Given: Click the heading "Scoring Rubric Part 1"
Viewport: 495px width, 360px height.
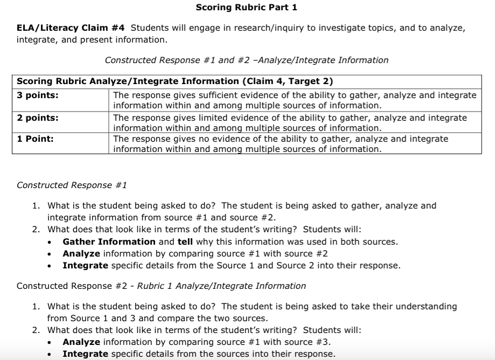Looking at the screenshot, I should [246, 8].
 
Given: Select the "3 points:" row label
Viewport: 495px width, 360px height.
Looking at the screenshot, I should [38, 95].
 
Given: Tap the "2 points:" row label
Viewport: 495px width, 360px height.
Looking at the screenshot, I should [38, 117].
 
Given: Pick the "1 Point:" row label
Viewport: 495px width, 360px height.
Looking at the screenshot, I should [36, 139].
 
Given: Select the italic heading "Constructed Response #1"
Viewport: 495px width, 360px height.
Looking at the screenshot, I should [72, 185].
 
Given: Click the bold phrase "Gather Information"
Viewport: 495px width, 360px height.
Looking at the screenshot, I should [109, 242].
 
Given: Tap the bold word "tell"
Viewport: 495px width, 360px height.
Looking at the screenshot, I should [185, 242].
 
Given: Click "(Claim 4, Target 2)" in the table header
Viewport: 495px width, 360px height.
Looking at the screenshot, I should [288, 81].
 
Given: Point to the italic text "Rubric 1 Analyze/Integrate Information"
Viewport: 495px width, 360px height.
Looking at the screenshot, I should [221, 286].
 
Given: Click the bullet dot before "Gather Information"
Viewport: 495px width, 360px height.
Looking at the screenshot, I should [50, 243].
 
